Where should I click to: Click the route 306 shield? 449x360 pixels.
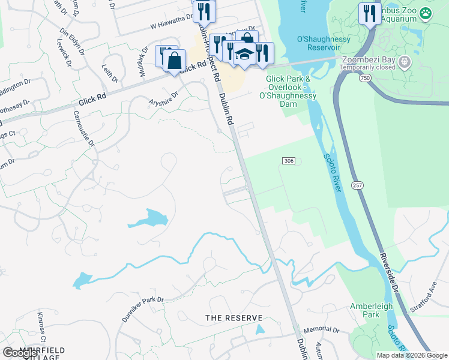coord(289,161)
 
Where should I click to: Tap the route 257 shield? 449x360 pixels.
coord(357,187)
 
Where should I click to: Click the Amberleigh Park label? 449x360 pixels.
coord(372,310)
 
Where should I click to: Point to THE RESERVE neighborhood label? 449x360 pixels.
coord(234,317)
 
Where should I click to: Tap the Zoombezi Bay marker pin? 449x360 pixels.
coord(405,61)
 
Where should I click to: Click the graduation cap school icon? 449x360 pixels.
coord(244,55)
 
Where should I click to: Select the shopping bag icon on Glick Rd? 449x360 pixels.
coord(174,61)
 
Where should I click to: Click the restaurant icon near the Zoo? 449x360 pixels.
coord(369,13)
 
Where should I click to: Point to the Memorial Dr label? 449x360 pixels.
coord(321,330)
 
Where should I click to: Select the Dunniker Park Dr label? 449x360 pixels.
coord(142,308)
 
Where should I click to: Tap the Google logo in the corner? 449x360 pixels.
coord(20,352)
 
